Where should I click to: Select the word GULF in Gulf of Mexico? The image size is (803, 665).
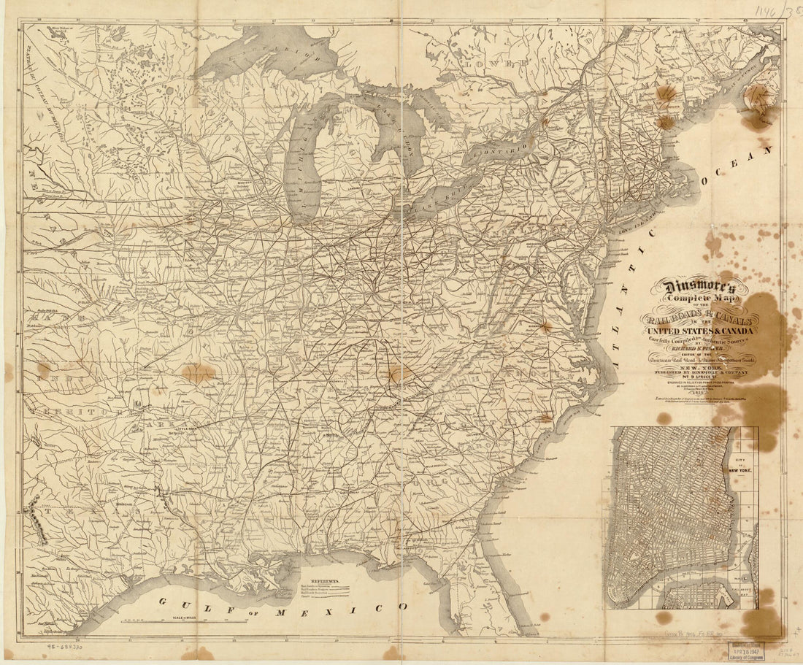185,603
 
